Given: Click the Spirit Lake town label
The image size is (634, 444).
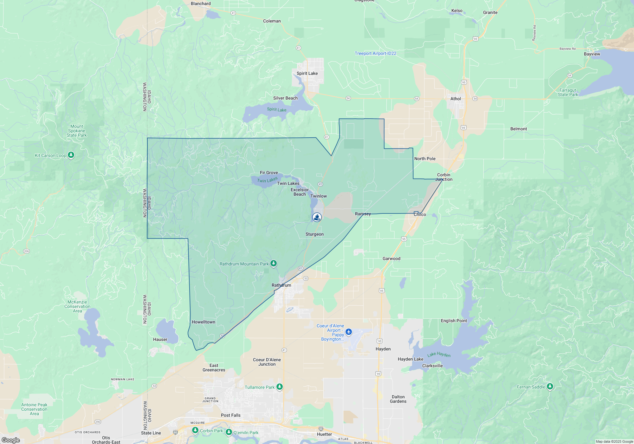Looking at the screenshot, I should pyautogui.click(x=307, y=73).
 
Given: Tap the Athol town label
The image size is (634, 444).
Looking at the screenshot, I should pyautogui.click(x=456, y=99).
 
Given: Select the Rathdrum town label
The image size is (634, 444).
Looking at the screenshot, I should pyautogui.click(x=281, y=285).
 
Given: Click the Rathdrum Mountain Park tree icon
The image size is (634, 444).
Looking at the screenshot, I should pyautogui.click(x=274, y=264).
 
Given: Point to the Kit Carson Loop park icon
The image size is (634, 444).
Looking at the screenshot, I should pyautogui.click(x=71, y=155).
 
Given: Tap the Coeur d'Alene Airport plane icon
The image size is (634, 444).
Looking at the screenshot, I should pyautogui.click(x=349, y=332).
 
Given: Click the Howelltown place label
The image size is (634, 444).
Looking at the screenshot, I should pyautogui.click(x=203, y=322).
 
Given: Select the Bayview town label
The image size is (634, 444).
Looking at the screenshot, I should pyautogui.click(x=592, y=54).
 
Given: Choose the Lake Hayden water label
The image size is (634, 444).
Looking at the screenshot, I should pyautogui.click(x=439, y=355).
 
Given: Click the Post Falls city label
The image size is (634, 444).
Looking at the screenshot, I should pyautogui.click(x=230, y=415).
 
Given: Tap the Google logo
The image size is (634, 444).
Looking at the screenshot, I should pyautogui.click(x=11, y=440).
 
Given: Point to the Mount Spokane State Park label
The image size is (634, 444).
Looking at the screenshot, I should pyautogui.click(x=77, y=131).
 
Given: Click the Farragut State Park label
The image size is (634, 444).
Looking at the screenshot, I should pyautogui.click(x=568, y=92).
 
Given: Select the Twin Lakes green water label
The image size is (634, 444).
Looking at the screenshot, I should pyautogui.click(x=267, y=180).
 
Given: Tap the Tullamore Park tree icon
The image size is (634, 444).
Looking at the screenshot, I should pyautogui.click(x=279, y=387).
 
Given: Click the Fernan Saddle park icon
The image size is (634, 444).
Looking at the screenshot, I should pyautogui.click(x=550, y=387).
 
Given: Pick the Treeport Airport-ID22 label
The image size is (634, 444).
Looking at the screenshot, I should pyautogui.click(x=375, y=53).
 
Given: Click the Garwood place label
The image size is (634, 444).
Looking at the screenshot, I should pyautogui.click(x=391, y=258).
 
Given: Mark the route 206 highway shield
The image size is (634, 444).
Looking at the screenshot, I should pyautogui.click(x=26, y=251).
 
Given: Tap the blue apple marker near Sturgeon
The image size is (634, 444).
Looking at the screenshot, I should pyautogui.click(x=317, y=217).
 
